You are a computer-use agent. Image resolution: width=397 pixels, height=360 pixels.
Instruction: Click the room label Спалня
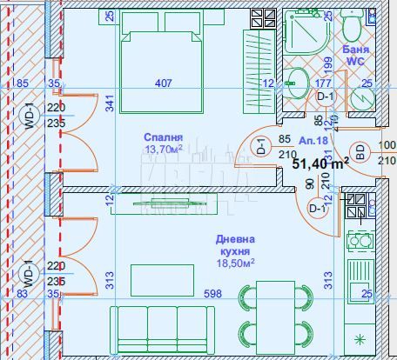tap(163, 137)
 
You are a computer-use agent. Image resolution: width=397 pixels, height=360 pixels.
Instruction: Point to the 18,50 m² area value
tap(236, 261)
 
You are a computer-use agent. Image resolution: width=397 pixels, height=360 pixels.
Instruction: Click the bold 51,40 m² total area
tap(320, 162)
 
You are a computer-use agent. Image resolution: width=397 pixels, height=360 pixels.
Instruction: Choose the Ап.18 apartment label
tap(312, 140)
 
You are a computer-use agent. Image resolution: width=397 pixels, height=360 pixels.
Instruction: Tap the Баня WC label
tap(355, 56)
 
